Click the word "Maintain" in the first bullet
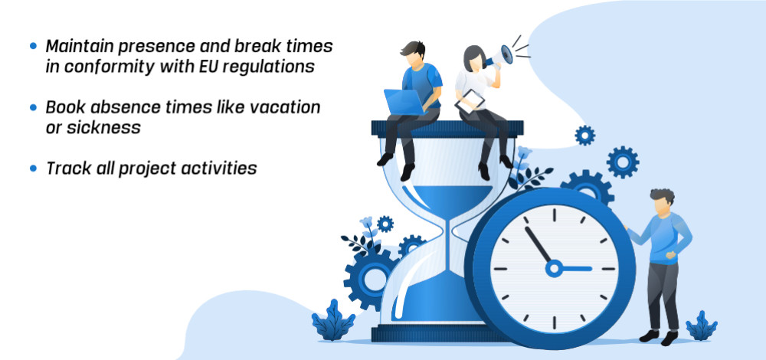(79, 46)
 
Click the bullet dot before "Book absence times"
(33, 107)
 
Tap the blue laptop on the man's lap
(405, 102)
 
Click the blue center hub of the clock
(554, 268)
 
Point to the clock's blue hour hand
(575, 268)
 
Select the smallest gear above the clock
(584, 136)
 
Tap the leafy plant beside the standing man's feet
(702, 326)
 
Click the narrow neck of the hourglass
(448, 230)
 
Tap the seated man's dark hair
(414, 48)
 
